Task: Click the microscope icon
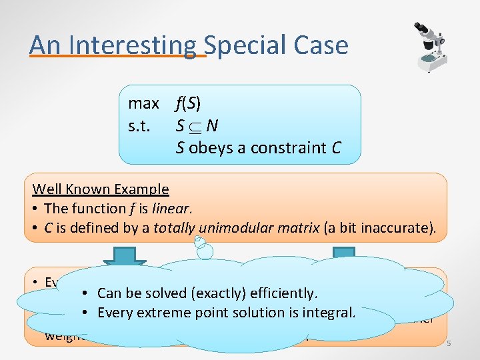click(427, 45)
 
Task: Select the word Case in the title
click(323, 45)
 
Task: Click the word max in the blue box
click(143, 103)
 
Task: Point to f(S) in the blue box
click(188, 103)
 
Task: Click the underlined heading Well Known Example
click(101, 189)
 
